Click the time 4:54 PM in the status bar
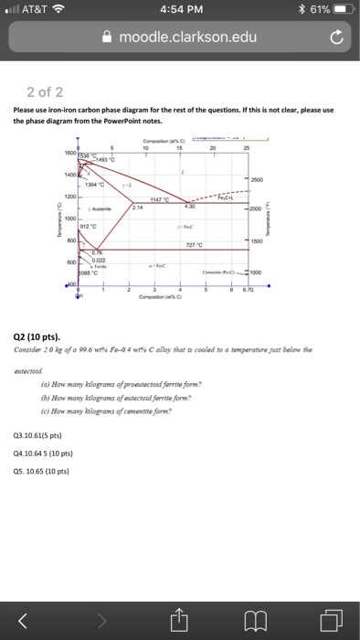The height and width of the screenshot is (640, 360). (180, 11)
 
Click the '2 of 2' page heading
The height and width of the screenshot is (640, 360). (46, 91)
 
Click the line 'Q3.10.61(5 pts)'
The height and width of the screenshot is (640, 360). (37, 436)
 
